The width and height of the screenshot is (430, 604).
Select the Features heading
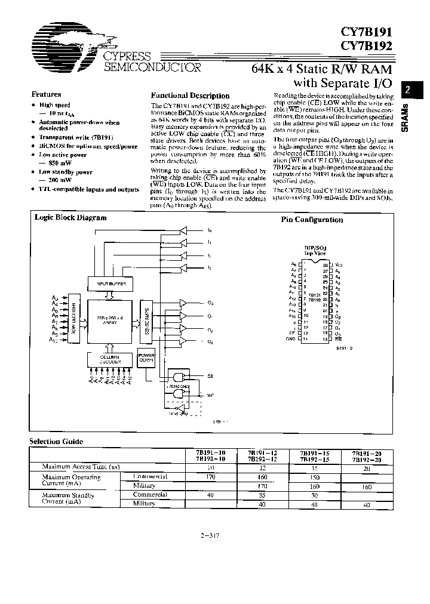point(46,94)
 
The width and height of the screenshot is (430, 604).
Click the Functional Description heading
point(190,95)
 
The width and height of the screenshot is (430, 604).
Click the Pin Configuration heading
point(312,220)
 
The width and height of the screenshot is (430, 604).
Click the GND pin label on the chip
point(291,339)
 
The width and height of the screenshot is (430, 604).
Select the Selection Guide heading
point(56,442)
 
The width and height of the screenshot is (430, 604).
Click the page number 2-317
point(211,535)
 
